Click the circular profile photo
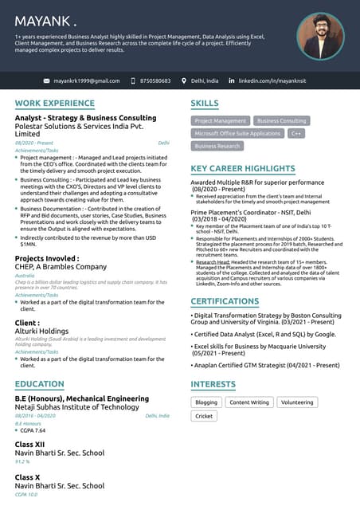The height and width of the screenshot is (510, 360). (320, 37)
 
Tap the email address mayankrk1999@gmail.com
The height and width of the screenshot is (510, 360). (87, 81)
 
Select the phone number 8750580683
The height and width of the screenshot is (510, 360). (155, 81)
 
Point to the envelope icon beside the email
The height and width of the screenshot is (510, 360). (46, 81)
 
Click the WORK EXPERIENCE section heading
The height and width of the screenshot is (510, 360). (54, 104)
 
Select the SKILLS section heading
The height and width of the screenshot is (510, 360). (205, 104)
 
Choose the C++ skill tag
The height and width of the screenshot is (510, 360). (296, 133)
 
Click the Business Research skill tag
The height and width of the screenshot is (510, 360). (217, 146)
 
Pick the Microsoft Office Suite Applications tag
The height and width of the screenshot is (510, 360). (237, 133)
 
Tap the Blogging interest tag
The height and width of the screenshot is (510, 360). (206, 402)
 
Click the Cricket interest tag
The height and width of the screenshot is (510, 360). (204, 416)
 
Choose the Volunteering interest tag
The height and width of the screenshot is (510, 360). (297, 402)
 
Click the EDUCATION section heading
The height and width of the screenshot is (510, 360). (39, 384)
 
